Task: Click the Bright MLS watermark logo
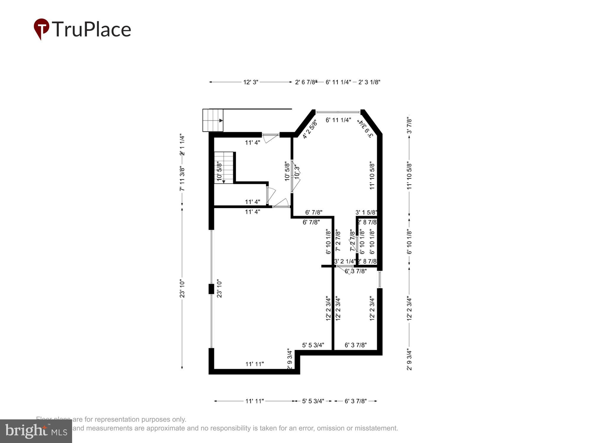[36, 431]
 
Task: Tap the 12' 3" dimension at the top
[251, 82]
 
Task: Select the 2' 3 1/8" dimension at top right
[369, 82]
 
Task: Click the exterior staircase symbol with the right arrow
[213, 120]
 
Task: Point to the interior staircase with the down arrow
[224, 167]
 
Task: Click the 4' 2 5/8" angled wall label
[309, 129]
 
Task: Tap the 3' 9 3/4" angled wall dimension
[366, 129]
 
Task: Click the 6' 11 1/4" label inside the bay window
[338, 120]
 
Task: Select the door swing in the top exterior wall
[270, 138]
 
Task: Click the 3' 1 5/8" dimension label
[366, 212]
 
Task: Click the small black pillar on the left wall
[211, 289]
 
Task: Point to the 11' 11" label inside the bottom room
[254, 364]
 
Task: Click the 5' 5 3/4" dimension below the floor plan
[313, 401]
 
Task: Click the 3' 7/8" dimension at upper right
[409, 125]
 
